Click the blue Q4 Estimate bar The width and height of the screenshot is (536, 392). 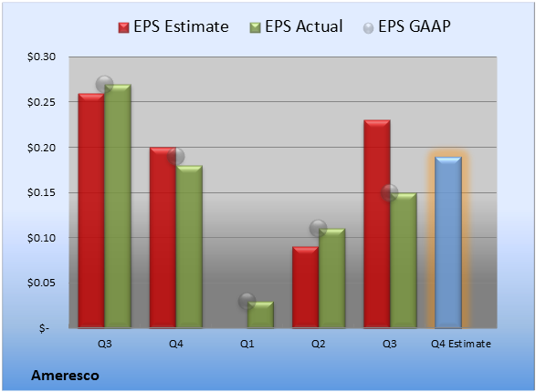click(448, 242)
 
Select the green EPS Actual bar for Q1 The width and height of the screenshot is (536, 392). click(260, 315)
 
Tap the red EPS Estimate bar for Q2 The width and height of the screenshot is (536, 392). click(305, 287)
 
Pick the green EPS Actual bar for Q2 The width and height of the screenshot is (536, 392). click(332, 278)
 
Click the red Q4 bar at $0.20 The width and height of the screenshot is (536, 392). click(163, 237)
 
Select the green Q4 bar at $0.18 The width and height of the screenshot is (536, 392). click(189, 247)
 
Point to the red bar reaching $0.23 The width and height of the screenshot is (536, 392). click(377, 224)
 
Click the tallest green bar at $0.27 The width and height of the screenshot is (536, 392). click(118, 206)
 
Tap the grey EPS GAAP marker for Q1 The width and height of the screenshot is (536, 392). click(247, 301)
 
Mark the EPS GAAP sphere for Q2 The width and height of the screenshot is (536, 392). click(319, 228)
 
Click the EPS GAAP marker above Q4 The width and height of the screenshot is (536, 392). click(176, 157)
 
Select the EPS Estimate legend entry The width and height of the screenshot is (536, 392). click(173, 26)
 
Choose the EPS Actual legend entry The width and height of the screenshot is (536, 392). click(296, 26)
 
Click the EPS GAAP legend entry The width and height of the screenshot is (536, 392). click(406, 26)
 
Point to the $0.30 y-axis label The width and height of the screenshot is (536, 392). click(41, 57)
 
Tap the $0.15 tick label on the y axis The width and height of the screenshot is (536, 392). click(41, 192)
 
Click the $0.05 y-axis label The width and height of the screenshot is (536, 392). click(41, 283)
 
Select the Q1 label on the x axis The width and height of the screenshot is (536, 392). click(247, 344)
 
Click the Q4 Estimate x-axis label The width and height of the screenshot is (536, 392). click(461, 344)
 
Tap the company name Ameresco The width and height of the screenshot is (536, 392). click(66, 376)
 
